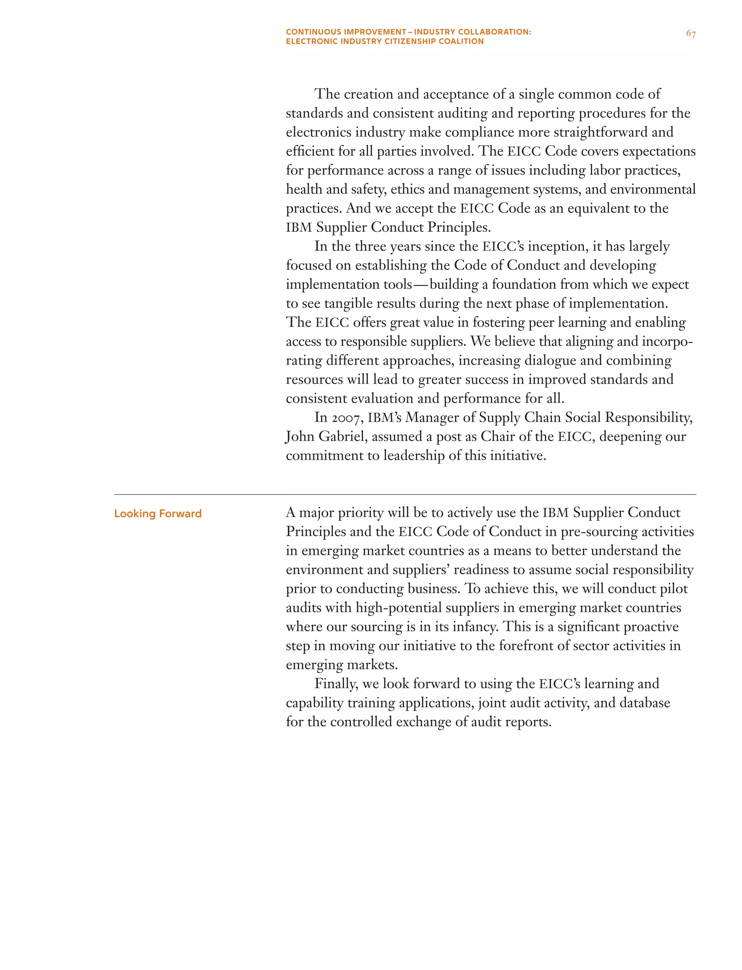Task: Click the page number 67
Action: [691, 34]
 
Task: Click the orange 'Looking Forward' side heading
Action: [158, 514]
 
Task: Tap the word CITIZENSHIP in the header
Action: [409, 42]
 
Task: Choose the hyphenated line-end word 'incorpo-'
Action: [667, 341]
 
